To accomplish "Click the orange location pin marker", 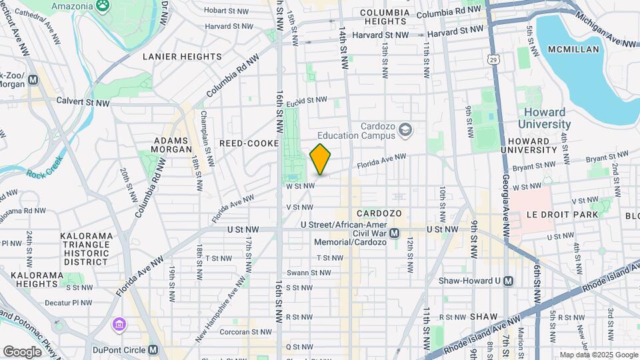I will (x=321, y=159).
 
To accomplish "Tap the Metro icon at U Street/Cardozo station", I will (x=394, y=233).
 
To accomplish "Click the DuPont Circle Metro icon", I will (x=153, y=349).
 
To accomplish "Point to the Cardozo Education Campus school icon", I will (x=405, y=131).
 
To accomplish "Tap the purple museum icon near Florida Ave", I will (x=119, y=325).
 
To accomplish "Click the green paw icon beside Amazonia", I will (x=103, y=7).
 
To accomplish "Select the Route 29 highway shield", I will (x=492, y=59).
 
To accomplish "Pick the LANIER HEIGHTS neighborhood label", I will (x=182, y=57).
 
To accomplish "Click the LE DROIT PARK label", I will (x=562, y=215).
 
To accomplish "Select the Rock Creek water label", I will (x=44, y=174).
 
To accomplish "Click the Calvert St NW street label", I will (x=83, y=103).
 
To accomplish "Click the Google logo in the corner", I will (x=22, y=351).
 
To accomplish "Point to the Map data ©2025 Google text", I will (x=597, y=355).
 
